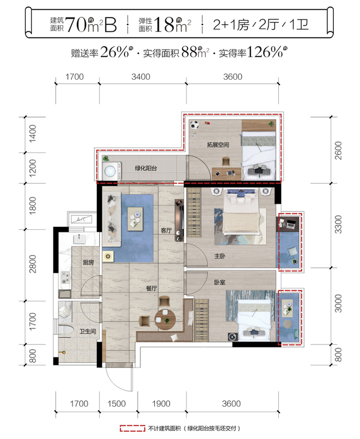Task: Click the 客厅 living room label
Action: pyautogui.click(x=165, y=231)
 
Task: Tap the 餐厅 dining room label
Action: pyautogui.click(x=151, y=288)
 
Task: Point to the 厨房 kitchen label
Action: pyautogui.click(x=88, y=262)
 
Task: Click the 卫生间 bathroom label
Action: pyautogui.click(x=88, y=332)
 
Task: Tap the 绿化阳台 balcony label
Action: pyautogui.click(x=146, y=168)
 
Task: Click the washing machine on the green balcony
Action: pyautogui.click(x=110, y=171)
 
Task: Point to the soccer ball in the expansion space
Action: pyautogui.click(x=194, y=124)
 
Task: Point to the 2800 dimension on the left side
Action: pyautogui.click(x=32, y=265)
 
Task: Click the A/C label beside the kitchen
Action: pyautogui.click(x=80, y=219)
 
